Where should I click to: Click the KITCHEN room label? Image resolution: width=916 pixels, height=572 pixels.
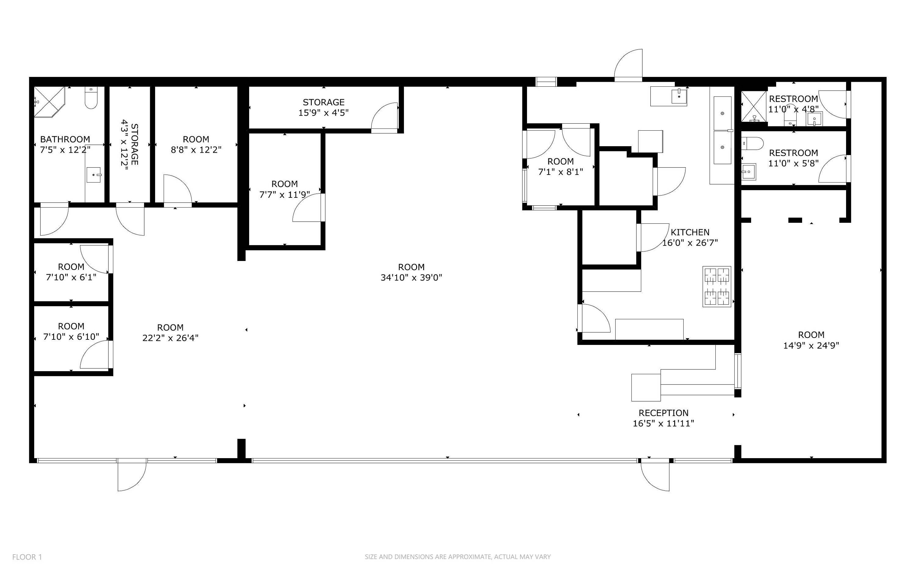click(x=690, y=232)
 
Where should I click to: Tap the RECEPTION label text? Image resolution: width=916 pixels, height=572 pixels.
click(x=663, y=413)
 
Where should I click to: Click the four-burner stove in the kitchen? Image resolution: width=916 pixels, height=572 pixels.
click(x=717, y=286)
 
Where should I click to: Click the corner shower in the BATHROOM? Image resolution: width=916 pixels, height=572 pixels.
click(x=49, y=102)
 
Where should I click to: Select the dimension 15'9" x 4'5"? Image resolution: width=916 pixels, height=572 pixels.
click(x=323, y=113)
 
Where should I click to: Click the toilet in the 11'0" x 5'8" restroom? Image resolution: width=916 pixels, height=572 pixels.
click(x=752, y=143)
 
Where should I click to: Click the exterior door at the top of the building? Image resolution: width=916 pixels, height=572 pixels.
click(x=628, y=65)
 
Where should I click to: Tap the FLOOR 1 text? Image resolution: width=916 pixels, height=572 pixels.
click(x=27, y=557)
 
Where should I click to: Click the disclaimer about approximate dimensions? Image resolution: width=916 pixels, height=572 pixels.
click(x=458, y=557)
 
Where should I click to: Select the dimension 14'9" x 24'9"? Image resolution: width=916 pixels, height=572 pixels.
click(x=811, y=346)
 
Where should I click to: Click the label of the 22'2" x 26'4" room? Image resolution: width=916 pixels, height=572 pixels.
click(x=170, y=328)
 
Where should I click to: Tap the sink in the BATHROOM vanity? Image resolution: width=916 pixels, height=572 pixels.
click(x=93, y=175)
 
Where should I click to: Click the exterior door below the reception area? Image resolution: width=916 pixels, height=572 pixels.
click(x=655, y=476)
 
